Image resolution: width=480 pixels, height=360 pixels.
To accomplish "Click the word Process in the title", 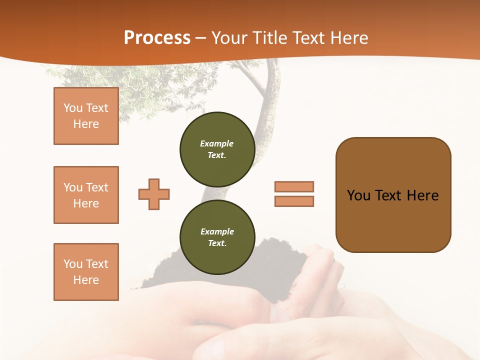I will (x=157, y=38).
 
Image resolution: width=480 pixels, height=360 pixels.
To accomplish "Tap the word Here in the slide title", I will (x=348, y=38).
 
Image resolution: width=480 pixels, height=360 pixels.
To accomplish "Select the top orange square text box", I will (x=86, y=116).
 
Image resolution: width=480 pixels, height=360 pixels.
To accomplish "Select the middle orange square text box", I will (x=86, y=195).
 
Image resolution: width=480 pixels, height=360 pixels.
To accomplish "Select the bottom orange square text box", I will (x=86, y=272).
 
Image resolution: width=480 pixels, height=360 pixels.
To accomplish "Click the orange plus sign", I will (x=154, y=194).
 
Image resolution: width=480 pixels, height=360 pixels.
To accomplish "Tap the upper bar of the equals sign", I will (x=294, y=186).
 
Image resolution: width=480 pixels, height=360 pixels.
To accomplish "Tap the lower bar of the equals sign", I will (x=294, y=201).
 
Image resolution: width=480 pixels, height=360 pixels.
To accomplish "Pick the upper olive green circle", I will (x=217, y=149).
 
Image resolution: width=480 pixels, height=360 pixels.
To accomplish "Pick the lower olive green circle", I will (x=217, y=237).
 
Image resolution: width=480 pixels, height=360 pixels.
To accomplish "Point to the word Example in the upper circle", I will (x=216, y=143).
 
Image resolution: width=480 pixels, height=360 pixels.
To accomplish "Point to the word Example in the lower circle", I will (x=217, y=231).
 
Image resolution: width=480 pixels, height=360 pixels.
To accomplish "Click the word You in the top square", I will (x=72, y=108).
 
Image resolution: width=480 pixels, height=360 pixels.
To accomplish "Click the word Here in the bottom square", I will (x=86, y=280).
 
